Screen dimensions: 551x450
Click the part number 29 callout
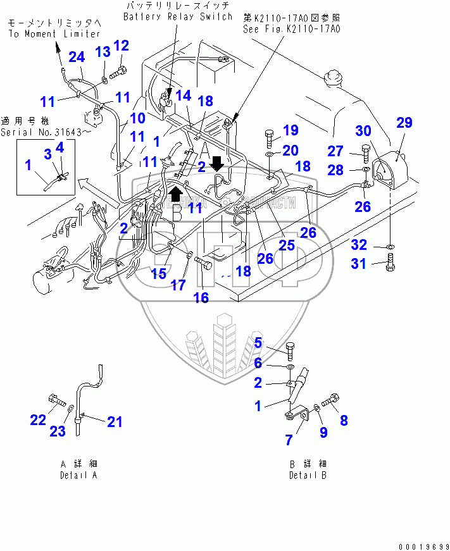pyautogui.click(x=405, y=123)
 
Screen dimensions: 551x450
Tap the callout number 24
pyautogui.click(x=77, y=58)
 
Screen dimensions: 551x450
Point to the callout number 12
pyautogui.click(x=121, y=46)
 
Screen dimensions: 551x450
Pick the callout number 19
pyautogui.click(x=290, y=131)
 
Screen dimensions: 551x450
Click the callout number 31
pyautogui.click(x=359, y=263)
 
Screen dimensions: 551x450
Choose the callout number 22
pyautogui.click(x=39, y=419)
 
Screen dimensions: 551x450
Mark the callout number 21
pyautogui.click(x=114, y=422)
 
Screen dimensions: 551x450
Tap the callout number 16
pyautogui.click(x=201, y=298)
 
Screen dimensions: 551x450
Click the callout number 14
pyautogui.click(x=183, y=95)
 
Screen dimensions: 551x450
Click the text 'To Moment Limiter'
pyautogui.click(x=54, y=34)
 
